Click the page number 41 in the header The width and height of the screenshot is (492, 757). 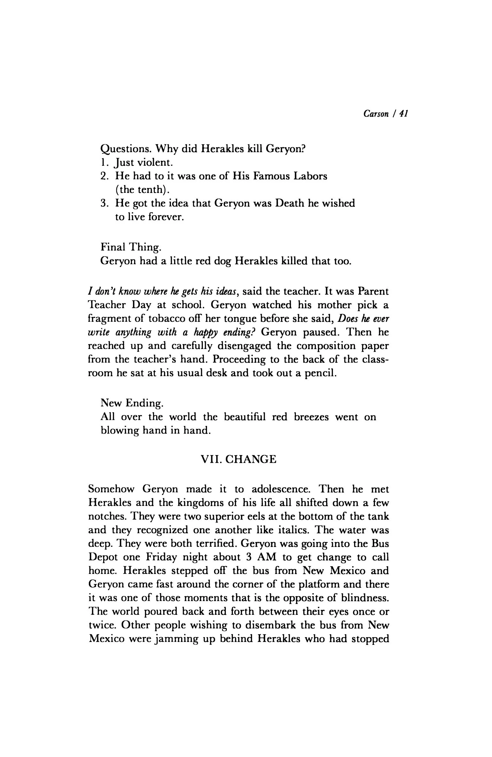404,114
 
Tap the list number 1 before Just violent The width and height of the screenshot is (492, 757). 103,163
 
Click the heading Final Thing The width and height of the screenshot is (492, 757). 131,248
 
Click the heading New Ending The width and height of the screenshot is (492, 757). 132,403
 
